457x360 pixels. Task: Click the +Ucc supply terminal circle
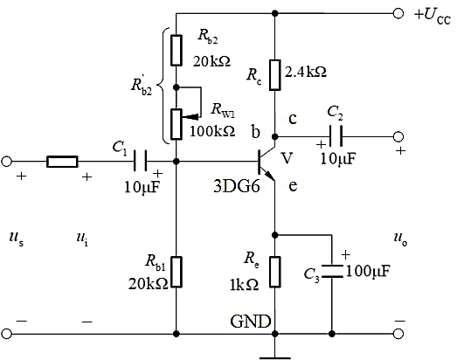398,13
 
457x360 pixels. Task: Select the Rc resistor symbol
275,75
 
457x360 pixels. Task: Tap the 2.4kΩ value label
306,72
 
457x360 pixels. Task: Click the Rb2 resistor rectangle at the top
177,50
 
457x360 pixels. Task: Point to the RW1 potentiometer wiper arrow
190,117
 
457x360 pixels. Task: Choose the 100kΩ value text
212,131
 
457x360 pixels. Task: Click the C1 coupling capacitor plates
141,161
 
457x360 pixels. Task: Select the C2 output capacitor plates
336,136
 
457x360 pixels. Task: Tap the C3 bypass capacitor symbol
332,271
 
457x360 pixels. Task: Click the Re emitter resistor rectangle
275,272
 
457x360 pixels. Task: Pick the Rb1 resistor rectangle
177,272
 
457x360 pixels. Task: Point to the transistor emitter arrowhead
270,176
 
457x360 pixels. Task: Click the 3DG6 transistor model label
237,186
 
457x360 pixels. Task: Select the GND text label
251,322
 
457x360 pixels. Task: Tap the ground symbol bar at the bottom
275,357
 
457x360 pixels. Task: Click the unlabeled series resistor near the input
62,161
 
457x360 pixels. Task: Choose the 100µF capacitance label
368,271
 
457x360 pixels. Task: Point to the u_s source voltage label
17,239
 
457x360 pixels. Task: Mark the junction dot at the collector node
275,136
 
